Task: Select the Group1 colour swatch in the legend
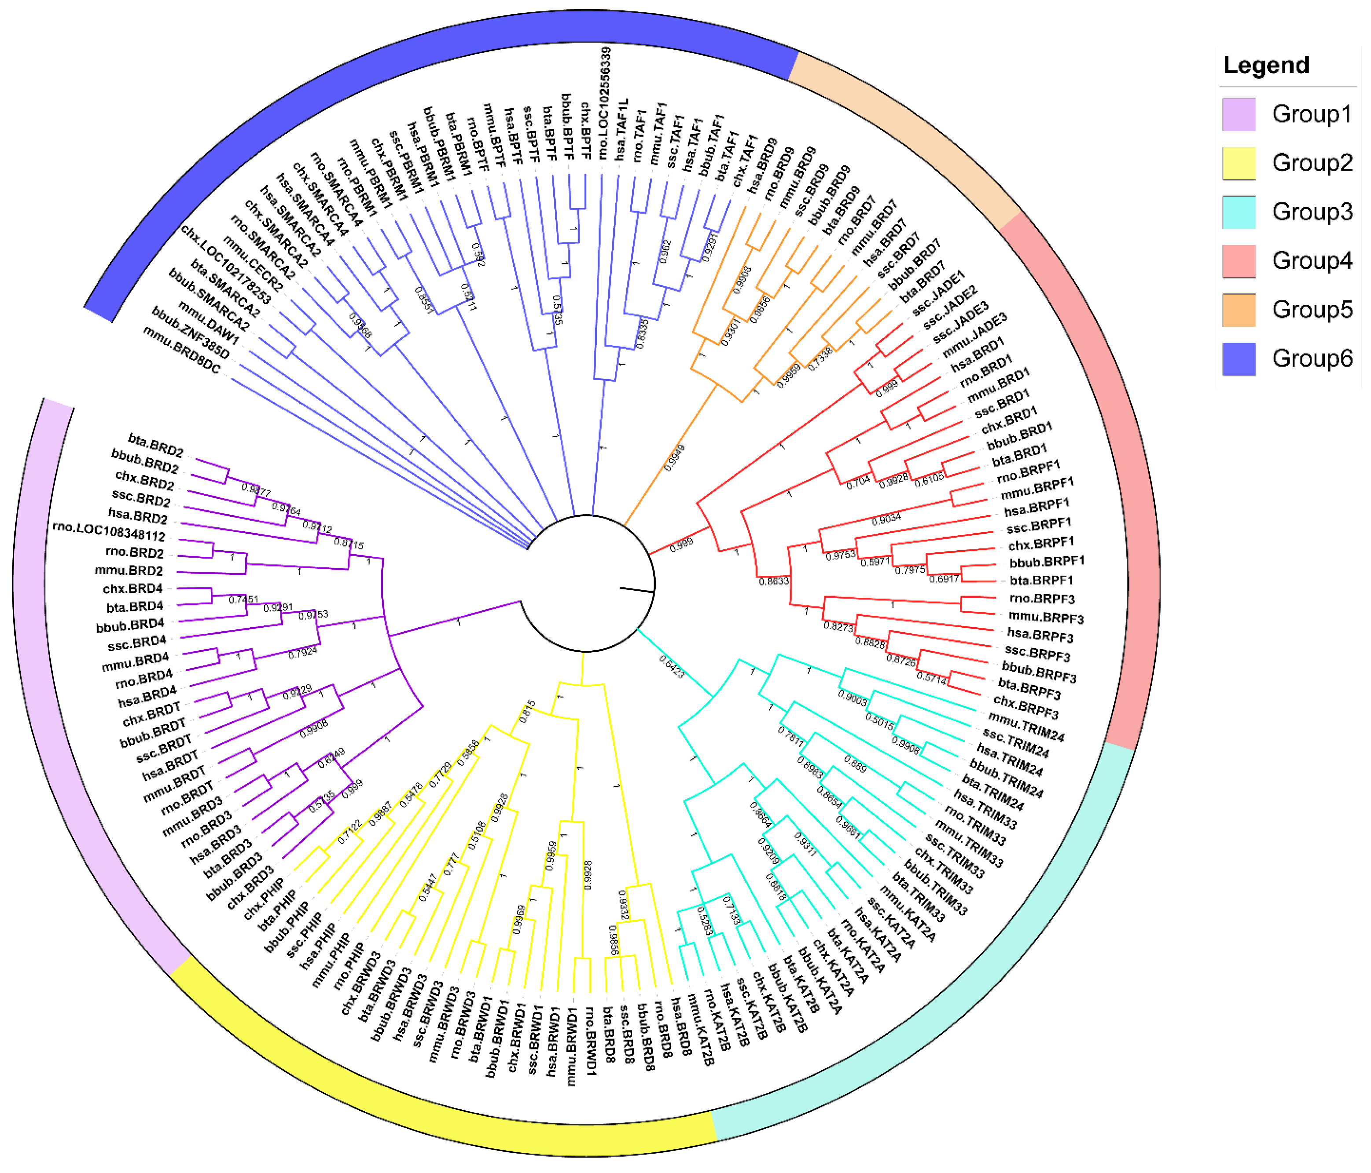[x=1238, y=114]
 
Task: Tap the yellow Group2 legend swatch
[x=1238, y=163]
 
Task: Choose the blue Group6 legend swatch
[x=1238, y=359]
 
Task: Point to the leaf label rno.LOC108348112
[x=109, y=532]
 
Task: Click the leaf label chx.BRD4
[x=132, y=588]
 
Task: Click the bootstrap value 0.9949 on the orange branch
[x=674, y=458]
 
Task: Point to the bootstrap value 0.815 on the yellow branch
[x=527, y=712]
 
